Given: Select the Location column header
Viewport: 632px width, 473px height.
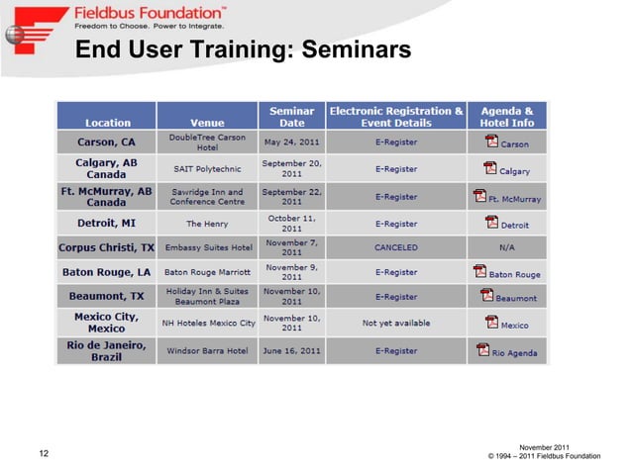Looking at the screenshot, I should [107, 123].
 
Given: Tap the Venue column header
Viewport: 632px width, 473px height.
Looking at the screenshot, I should [207, 123].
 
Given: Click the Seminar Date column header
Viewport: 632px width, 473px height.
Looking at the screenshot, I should [291, 117].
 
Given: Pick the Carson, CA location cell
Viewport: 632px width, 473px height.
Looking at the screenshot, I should [107, 142].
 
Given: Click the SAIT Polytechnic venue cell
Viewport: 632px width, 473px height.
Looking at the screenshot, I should [207, 169].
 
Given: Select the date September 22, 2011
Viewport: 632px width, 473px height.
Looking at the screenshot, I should [291, 195].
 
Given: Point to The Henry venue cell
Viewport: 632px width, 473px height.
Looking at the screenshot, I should [207, 224].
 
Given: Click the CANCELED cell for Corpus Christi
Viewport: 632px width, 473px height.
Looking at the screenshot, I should [395, 246].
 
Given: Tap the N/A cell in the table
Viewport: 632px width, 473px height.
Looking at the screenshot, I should [506, 246].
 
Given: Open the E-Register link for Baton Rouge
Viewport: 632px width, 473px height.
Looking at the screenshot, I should [395, 272].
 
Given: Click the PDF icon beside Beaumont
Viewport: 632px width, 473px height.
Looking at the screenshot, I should [486, 295].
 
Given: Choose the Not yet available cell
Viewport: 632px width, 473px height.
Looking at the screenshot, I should [395, 324].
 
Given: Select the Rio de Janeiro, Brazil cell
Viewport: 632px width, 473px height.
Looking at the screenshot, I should [107, 350].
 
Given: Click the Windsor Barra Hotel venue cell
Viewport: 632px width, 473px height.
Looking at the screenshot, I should [207, 350].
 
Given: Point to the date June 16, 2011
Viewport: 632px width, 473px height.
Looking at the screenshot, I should [291, 350].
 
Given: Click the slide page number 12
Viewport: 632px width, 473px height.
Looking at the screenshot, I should [44, 454].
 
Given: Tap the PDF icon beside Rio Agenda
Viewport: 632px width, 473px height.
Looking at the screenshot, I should [483, 349].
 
